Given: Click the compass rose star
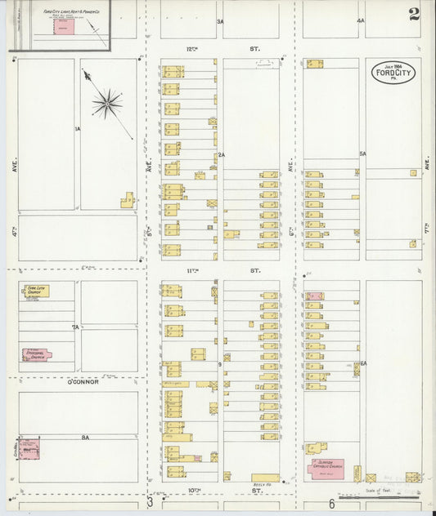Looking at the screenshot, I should tap(107, 103).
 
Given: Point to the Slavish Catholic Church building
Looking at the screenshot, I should tap(326, 469).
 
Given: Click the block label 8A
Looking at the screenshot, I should tap(84, 438).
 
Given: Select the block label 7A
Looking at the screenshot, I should tap(75, 327).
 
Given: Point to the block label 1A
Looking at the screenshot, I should tap(78, 129).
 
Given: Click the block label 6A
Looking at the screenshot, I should tap(363, 363).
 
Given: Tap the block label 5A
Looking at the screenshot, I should tap(362, 153).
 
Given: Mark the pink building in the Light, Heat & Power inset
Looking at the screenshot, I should tap(63, 26).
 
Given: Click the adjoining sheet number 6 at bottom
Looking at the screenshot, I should tap(332, 503).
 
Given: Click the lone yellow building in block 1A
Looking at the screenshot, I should tap(128, 200).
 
